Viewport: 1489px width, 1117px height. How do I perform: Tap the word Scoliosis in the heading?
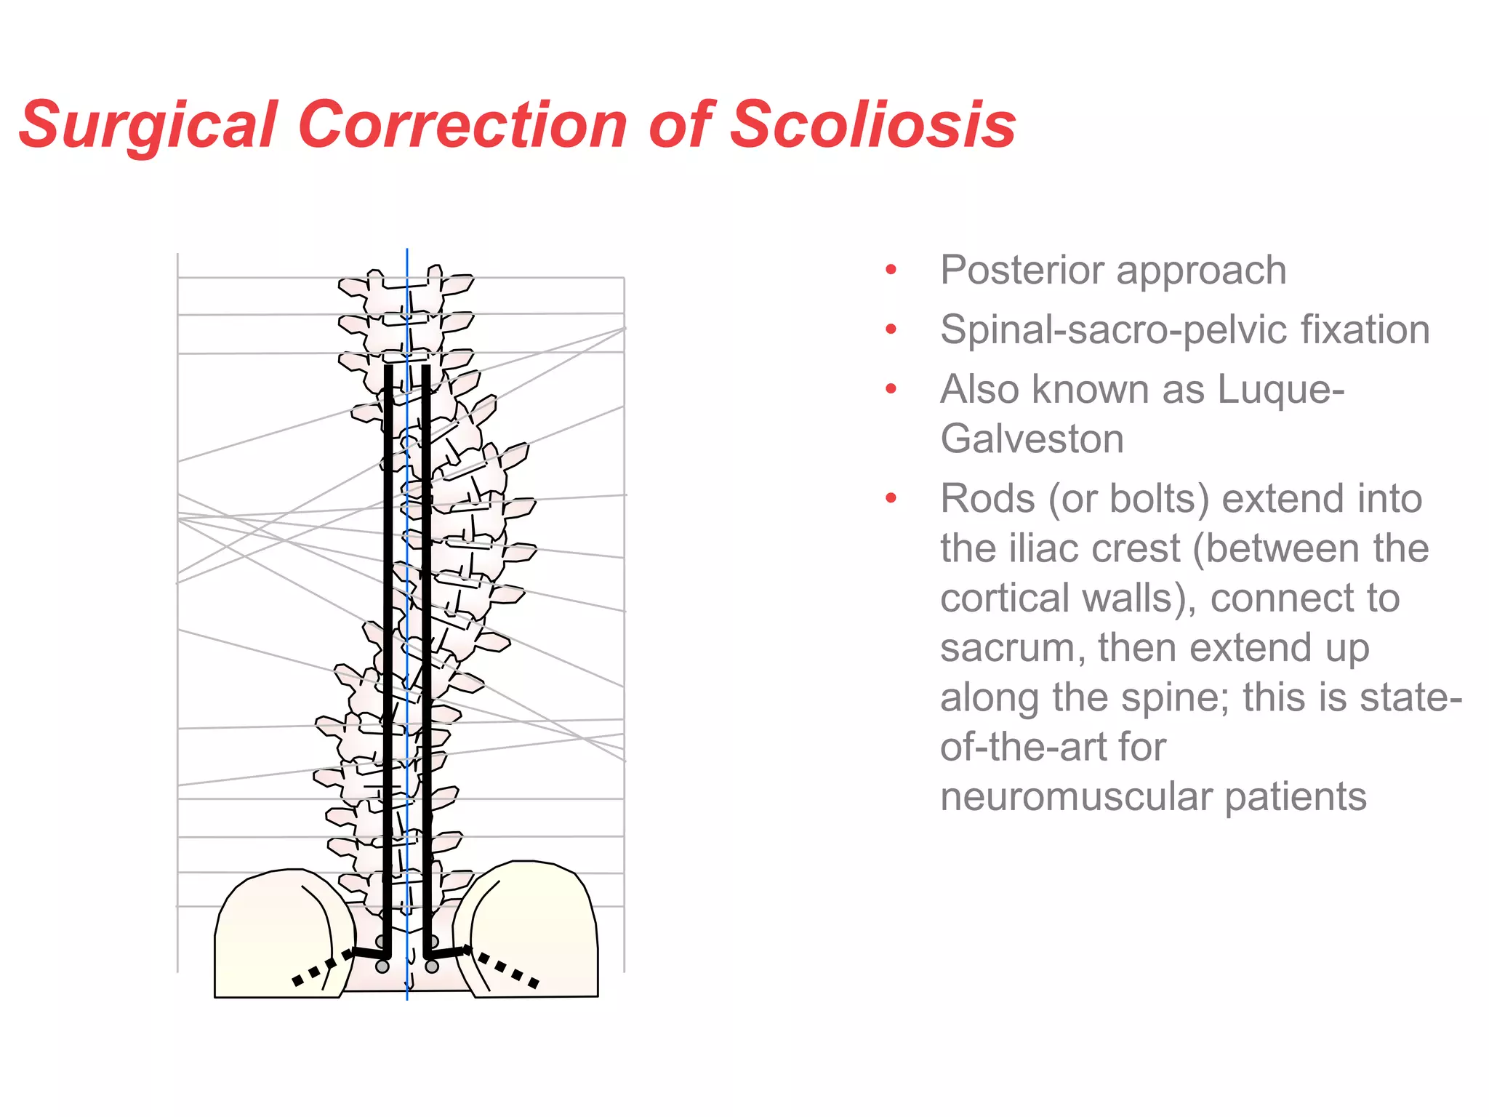tap(872, 125)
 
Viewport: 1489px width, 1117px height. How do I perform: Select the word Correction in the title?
tap(462, 125)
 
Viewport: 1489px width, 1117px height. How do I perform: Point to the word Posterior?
tap(1022, 271)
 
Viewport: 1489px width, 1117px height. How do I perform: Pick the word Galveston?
tap(1032, 439)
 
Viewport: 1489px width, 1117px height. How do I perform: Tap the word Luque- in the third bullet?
tap(1280, 389)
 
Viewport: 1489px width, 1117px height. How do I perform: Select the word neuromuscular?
tap(1075, 796)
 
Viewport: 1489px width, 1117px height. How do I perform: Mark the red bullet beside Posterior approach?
tap(891, 271)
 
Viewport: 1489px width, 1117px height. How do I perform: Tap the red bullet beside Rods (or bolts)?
tap(891, 499)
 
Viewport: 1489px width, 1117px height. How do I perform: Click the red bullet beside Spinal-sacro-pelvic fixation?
tap(891, 329)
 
